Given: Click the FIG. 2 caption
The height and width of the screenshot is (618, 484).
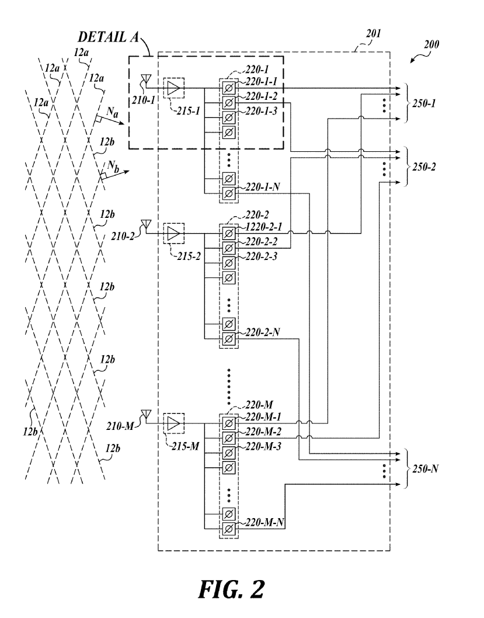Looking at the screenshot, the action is pos(231,589).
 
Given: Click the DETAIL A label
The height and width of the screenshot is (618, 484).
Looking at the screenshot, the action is pos(109,37).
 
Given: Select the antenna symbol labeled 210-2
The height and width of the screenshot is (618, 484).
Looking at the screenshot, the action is pos(146,224).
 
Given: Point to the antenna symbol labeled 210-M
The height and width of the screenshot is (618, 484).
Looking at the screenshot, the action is pos(146,414).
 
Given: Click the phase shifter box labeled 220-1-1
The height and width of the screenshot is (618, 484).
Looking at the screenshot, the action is pos(228,88).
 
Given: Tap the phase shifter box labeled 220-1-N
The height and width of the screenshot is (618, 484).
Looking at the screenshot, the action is pos(228,193).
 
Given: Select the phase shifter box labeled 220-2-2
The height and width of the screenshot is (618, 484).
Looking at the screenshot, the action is pos(228,248).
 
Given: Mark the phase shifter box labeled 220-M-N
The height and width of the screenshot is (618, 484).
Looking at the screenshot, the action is pos(228,529).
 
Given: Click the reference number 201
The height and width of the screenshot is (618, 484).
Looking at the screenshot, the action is pos(373,34).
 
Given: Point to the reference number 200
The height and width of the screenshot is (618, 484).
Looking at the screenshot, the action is pos(431,44).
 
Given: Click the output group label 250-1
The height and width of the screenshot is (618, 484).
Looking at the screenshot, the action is pos(424,103).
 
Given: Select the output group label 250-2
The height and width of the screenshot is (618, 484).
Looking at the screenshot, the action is pos(424,167).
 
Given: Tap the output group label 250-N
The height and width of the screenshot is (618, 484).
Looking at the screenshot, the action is pos(425,469).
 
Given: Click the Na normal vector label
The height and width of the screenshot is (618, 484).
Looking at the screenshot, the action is pos(112,113).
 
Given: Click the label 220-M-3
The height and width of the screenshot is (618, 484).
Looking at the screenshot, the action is pos(263,446).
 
